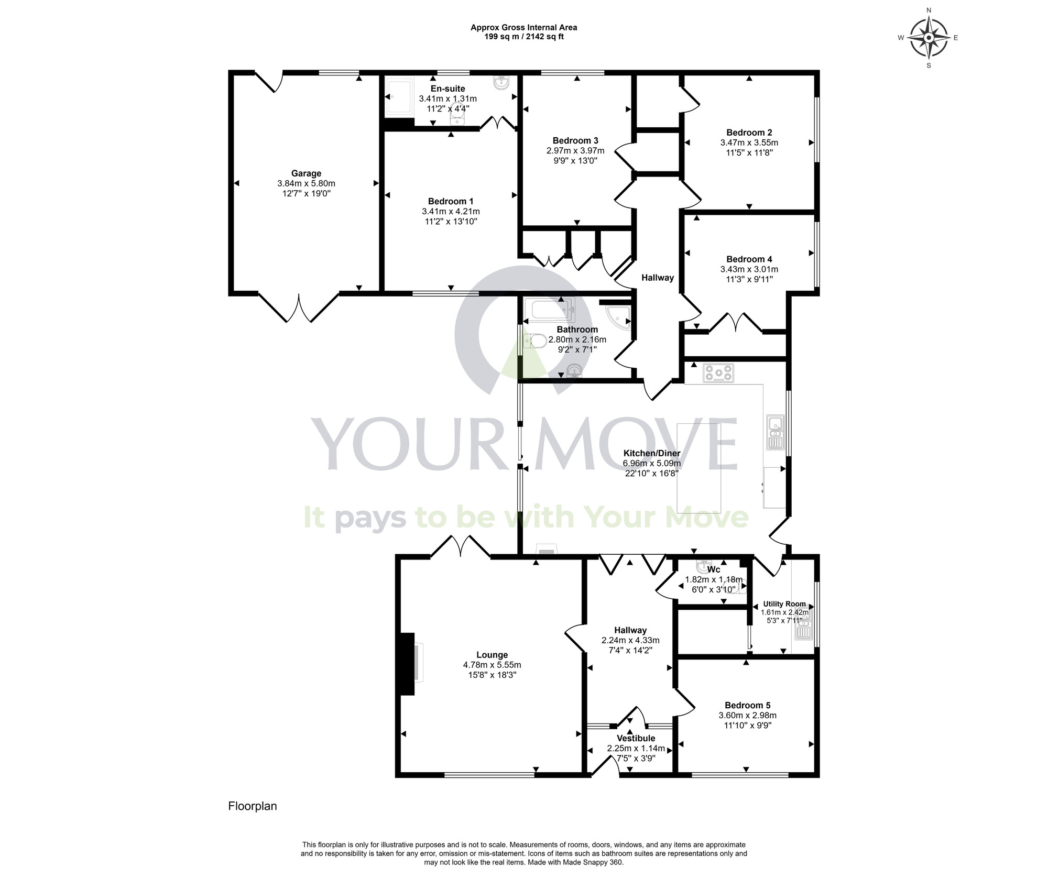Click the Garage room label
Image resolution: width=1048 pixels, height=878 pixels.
[x=306, y=173]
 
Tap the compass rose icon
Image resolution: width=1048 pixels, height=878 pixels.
[x=929, y=38]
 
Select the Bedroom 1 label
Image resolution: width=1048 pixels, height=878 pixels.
[x=451, y=201]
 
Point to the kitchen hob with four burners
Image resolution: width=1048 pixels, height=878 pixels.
[x=718, y=374]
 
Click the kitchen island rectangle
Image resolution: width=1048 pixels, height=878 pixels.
[x=699, y=468]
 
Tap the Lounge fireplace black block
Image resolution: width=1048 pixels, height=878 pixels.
[x=407, y=663]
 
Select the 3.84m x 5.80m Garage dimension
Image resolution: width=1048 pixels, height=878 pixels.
[x=306, y=183]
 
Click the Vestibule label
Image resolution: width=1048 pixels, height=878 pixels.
[x=636, y=738]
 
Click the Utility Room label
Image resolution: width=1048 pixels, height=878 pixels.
[x=784, y=603]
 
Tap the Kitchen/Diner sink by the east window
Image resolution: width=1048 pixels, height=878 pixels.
[x=774, y=432]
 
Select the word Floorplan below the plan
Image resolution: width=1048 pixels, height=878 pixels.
[x=253, y=806]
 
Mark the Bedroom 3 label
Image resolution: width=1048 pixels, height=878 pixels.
[x=575, y=140]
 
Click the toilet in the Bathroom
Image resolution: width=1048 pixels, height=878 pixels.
[x=534, y=341]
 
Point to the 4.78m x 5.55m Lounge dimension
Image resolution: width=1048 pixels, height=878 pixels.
[x=492, y=665]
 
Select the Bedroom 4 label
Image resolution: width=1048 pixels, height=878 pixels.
[x=749, y=259]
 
